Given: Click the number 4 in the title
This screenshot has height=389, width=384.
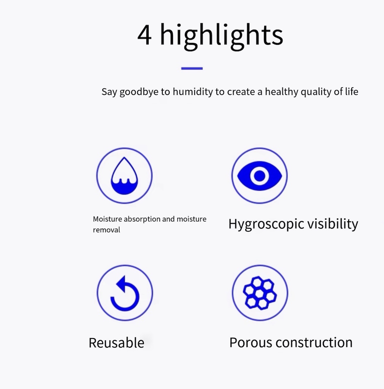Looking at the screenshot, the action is click(x=144, y=35).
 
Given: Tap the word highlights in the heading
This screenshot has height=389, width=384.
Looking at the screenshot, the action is click(x=221, y=36).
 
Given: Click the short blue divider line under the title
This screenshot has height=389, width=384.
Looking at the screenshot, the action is click(x=192, y=68).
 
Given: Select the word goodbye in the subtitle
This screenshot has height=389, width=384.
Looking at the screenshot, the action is click(x=139, y=92).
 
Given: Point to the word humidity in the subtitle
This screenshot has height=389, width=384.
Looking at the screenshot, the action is click(x=193, y=92).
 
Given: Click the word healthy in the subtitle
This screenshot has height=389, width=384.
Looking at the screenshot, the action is click(x=281, y=92).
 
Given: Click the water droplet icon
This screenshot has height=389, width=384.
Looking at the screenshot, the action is click(x=124, y=176).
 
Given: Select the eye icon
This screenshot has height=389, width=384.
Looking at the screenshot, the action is click(x=260, y=176).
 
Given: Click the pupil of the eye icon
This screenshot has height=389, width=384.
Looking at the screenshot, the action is click(x=260, y=176).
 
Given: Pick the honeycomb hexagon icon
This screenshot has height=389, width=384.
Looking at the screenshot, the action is click(x=260, y=293).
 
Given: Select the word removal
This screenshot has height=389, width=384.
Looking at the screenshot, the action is click(x=106, y=230).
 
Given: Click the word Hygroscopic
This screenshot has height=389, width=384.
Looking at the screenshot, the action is click(x=266, y=224).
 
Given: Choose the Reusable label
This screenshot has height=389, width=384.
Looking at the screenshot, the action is click(x=116, y=343).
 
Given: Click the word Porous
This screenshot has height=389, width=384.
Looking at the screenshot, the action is click(x=251, y=343).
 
